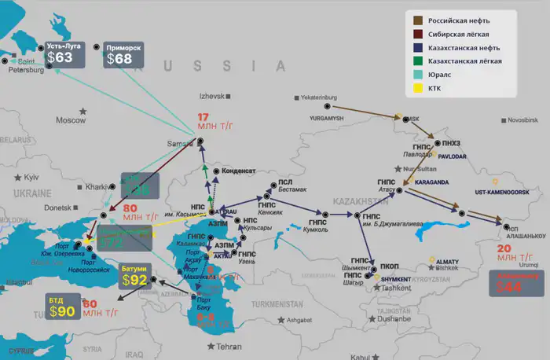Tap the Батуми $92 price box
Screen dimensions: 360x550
134,277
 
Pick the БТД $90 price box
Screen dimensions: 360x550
62,307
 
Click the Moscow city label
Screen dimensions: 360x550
70,120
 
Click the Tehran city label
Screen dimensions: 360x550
229,347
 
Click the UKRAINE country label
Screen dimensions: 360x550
32,193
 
